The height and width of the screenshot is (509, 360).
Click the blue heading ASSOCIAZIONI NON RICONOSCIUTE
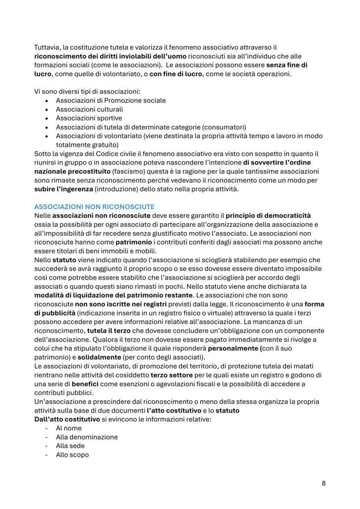pyautogui.click(x=94, y=206)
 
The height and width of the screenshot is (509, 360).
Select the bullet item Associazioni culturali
pyautogui.click(x=89, y=109)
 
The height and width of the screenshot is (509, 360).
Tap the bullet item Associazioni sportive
pyautogui.click(x=89, y=118)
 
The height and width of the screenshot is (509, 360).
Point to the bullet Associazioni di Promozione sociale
pyautogui.click(x=110, y=100)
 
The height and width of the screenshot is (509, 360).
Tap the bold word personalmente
pyautogui.click(x=235, y=349)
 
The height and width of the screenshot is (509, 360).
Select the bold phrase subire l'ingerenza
pyautogui.click(x=62, y=189)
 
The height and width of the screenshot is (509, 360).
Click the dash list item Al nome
pyautogui.click(x=69, y=428)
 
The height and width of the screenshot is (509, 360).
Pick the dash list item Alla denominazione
pyautogui.click(x=87, y=437)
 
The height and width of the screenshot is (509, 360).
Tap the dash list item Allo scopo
pyautogui.click(x=72, y=455)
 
